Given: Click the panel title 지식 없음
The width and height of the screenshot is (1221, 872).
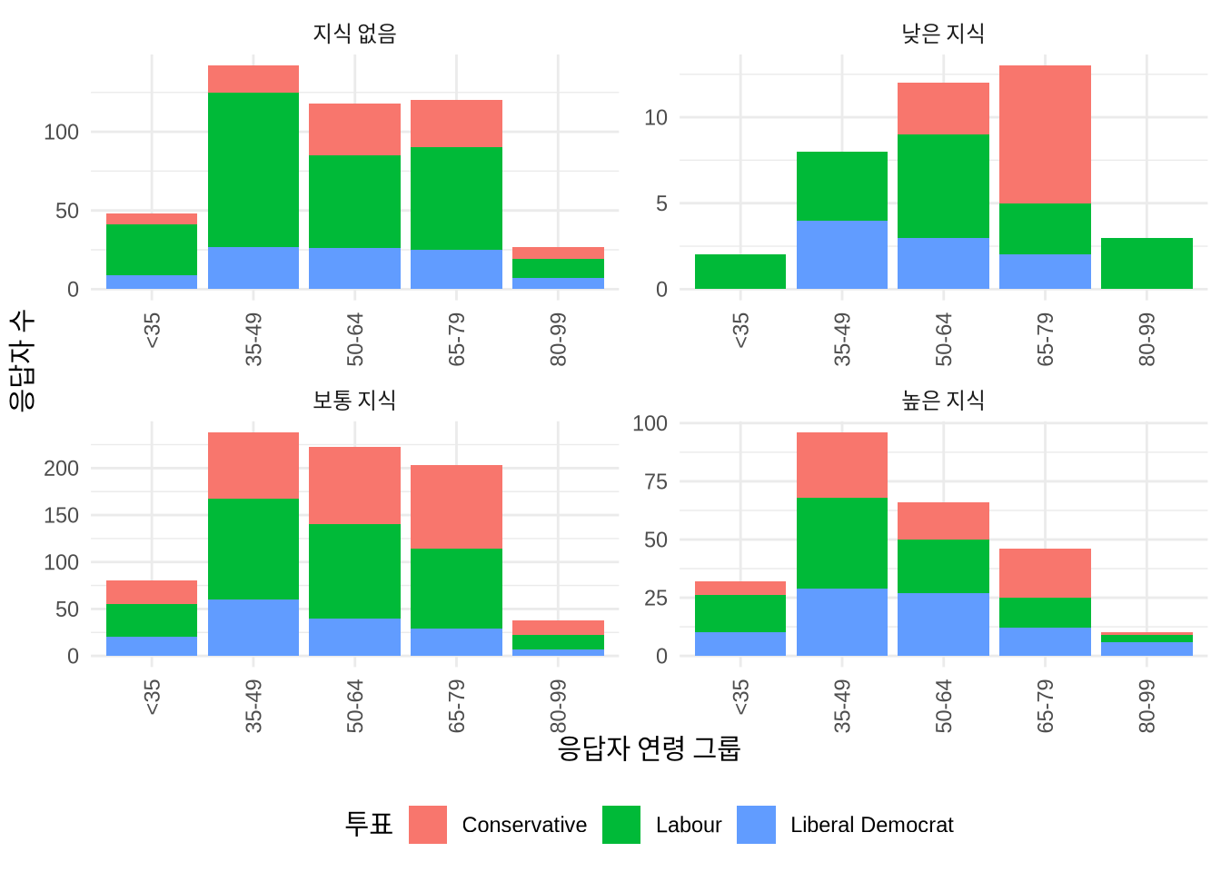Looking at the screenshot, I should (354, 34).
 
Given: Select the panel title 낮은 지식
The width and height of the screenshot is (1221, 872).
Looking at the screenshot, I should (943, 34).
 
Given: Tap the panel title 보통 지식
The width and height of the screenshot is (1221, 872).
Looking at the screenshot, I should (354, 400).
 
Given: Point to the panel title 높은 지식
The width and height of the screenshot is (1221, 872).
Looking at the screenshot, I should (943, 400).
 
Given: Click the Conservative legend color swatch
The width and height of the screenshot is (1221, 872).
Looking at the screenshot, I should (427, 825).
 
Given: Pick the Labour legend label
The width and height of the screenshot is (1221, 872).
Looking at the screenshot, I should (688, 825).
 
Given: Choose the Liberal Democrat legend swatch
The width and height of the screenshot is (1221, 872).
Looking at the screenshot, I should (756, 825).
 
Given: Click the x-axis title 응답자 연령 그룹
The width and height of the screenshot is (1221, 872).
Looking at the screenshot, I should (649, 748).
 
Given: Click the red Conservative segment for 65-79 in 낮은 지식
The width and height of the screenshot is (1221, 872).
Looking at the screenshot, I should (1045, 134).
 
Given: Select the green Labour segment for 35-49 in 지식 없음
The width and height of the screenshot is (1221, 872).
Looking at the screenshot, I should (253, 169).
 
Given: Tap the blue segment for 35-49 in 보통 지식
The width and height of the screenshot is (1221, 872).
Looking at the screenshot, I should (253, 627).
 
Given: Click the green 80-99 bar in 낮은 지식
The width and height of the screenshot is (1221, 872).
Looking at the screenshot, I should (1147, 263).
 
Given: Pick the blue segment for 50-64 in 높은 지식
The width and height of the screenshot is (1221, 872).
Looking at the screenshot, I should (943, 624).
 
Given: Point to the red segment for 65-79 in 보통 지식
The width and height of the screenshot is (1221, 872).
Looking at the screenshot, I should (456, 507).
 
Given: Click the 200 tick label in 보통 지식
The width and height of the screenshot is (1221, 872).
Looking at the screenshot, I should (62, 469).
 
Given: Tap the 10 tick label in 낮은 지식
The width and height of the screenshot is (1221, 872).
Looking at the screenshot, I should (655, 117).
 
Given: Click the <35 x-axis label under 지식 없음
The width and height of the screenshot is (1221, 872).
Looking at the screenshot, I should (153, 330).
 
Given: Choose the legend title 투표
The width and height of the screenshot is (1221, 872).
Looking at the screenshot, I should (369, 824).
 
